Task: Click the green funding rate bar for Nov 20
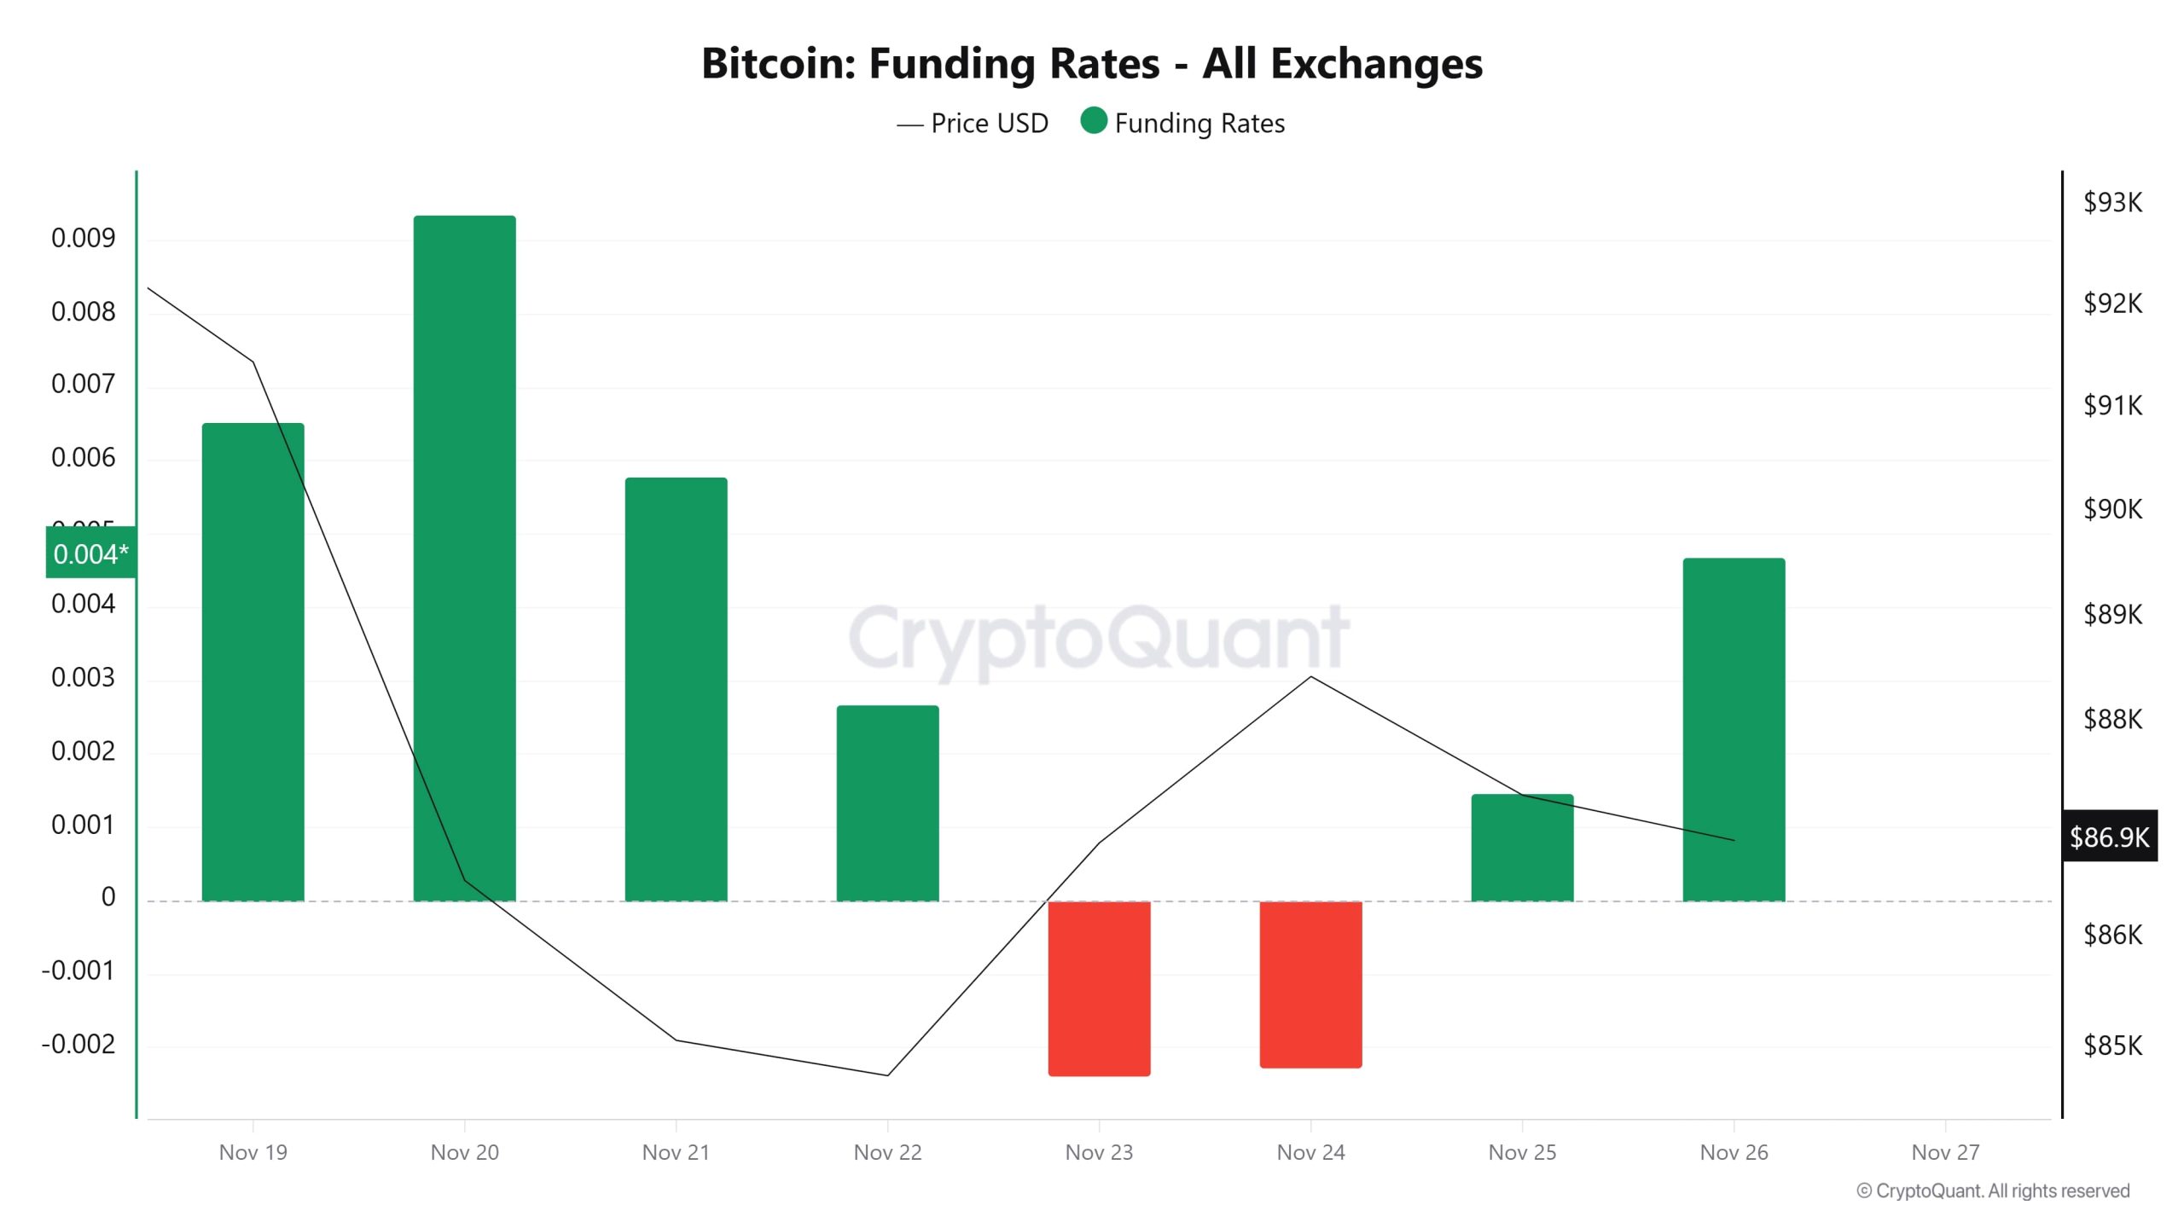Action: (x=464, y=559)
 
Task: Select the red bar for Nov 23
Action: (x=1099, y=988)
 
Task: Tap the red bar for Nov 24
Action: (x=1310, y=983)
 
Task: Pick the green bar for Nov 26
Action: (x=1734, y=729)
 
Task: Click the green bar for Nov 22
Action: (x=887, y=802)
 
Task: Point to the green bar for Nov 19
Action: (x=253, y=662)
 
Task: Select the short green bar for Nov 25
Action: (x=1522, y=847)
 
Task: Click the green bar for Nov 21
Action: (x=676, y=689)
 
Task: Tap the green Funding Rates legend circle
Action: (x=1093, y=121)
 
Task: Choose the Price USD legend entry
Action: (x=973, y=124)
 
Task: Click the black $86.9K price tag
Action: (x=2109, y=837)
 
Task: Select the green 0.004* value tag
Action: (x=90, y=553)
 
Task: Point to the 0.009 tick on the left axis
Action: (x=83, y=238)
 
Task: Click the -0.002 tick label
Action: (x=78, y=1044)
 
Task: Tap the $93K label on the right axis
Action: (x=2112, y=202)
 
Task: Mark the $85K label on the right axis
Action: (x=2112, y=1045)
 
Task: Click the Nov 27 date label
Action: (x=1944, y=1152)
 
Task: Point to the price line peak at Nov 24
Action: (x=1311, y=677)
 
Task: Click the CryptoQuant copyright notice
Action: (x=1993, y=1190)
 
